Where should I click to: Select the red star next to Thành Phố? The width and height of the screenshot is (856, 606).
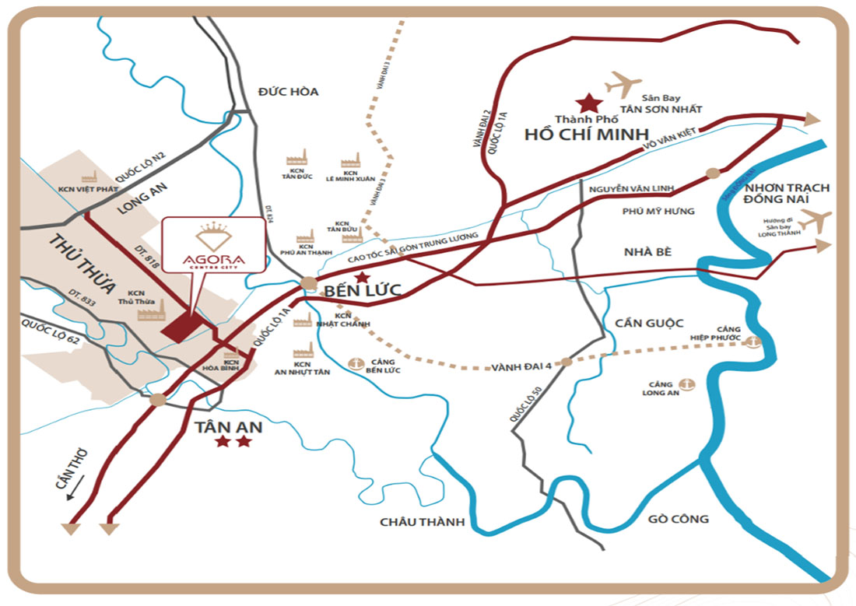pos(588,103)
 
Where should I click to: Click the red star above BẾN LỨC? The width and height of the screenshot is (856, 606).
pos(361,277)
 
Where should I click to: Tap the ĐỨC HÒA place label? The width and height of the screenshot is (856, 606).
pos(289,92)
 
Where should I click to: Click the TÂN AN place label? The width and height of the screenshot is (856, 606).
pos(230,427)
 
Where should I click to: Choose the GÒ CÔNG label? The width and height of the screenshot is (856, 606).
pos(677,518)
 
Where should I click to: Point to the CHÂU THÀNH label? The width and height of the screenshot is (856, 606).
pos(421,522)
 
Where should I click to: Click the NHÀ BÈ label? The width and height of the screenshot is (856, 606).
pos(647,251)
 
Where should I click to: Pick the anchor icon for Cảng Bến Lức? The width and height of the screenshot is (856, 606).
pos(356,363)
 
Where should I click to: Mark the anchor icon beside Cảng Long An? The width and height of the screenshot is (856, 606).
pos(686,384)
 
